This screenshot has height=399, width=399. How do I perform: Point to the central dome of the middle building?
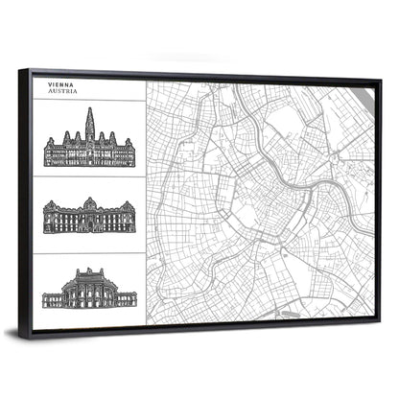pyautogui.click(x=89, y=204)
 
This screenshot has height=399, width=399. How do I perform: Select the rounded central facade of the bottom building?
pyautogui.click(x=89, y=287)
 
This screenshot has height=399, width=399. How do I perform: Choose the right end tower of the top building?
pyautogui.click(x=130, y=153)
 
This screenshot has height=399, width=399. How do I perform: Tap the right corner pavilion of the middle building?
pyautogui.click(x=129, y=220)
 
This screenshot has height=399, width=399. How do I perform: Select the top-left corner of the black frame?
pyautogui.click(x=33, y=70)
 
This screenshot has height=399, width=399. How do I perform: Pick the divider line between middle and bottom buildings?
pyautogui.click(x=89, y=253)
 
